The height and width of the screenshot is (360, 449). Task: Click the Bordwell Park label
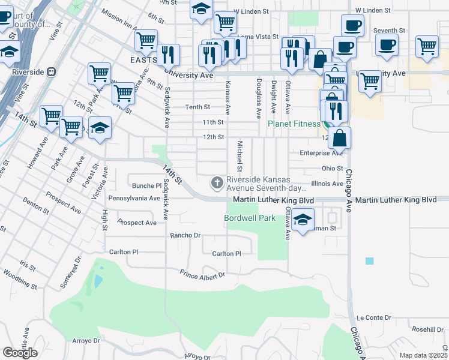(250, 218)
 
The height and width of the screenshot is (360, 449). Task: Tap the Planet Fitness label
(294, 124)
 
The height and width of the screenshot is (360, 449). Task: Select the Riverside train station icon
(52, 71)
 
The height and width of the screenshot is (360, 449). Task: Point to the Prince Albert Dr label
(202, 274)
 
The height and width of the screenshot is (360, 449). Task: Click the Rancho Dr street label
(185, 236)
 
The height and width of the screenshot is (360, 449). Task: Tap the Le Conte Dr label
(373, 317)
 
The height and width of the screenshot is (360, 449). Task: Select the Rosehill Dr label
(427, 329)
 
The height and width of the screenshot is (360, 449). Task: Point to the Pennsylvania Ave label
(134, 198)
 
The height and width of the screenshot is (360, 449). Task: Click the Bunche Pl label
(143, 186)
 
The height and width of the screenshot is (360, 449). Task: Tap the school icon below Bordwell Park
(303, 220)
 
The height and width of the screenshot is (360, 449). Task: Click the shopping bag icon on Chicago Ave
(339, 137)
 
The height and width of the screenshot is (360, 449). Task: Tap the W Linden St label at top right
(373, 10)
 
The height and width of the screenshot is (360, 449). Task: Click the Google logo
(20, 352)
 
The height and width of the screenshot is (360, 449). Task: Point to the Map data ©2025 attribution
(423, 355)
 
